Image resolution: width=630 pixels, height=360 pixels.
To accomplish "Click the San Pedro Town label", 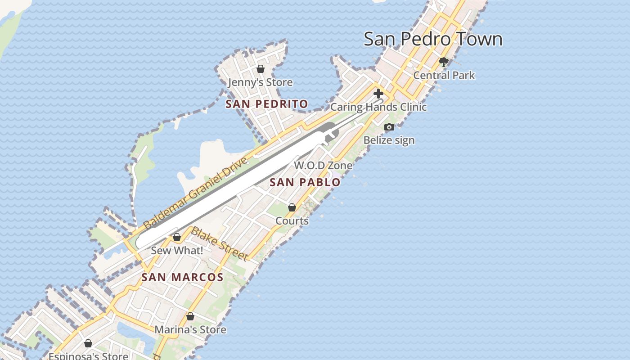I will (433, 39).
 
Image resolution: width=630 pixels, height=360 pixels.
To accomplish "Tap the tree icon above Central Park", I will (444, 62).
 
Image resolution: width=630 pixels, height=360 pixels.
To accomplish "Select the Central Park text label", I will (444, 75).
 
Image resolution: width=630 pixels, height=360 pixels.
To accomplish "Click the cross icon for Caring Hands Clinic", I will (378, 94).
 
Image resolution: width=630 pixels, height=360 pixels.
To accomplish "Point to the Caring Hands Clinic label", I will (378, 107).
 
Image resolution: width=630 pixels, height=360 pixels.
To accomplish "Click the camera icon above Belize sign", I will (389, 127).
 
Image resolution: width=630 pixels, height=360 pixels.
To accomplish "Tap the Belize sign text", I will (389, 140).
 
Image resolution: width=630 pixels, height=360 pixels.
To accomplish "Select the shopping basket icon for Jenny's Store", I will (260, 69).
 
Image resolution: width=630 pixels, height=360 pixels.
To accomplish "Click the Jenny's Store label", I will (260, 82).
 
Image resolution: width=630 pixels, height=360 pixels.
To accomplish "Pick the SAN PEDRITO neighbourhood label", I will (267, 104).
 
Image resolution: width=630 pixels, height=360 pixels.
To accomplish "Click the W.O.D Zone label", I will (323, 165).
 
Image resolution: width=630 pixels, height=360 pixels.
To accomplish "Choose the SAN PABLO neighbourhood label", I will (305, 182).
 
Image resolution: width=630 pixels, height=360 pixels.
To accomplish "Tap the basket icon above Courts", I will (292, 207).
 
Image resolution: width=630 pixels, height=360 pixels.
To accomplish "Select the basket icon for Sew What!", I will (177, 237).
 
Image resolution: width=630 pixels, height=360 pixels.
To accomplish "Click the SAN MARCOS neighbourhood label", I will (182, 277).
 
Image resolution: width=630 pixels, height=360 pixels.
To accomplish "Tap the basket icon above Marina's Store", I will (190, 316).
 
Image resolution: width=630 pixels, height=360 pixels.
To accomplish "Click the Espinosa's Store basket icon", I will (88, 344).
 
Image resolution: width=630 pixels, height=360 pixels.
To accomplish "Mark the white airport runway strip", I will (234, 189).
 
